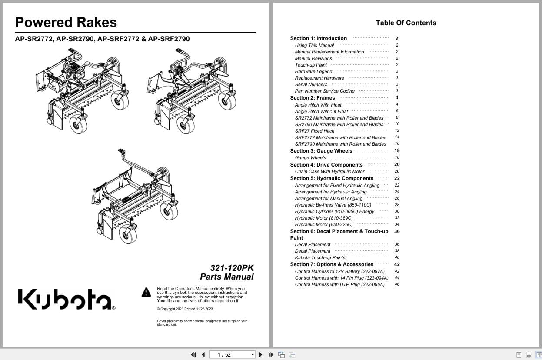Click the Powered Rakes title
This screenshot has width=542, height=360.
coord(66,23)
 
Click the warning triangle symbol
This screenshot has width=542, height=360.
coord(146,292)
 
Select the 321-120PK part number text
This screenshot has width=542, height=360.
coord(232,268)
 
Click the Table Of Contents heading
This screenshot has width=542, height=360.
coord(406,23)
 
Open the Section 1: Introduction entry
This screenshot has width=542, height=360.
coord(319,38)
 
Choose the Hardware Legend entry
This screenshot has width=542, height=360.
coord(313,71)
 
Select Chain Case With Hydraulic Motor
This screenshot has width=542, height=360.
coord(329,171)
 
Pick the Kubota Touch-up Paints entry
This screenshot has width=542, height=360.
coord(320,257)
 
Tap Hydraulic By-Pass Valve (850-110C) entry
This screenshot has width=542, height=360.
coord(333,205)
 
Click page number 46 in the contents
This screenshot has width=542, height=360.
coord(397,284)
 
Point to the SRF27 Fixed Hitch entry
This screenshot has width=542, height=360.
coord(315,131)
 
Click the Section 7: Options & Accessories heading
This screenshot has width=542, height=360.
coord(332,264)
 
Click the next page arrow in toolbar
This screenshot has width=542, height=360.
coord(261,355)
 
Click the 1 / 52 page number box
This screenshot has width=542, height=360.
coord(232,355)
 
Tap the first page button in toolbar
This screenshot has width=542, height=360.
coord(193,355)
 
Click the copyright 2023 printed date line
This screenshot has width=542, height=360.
coord(185,309)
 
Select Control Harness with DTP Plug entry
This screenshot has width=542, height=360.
coord(339,284)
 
